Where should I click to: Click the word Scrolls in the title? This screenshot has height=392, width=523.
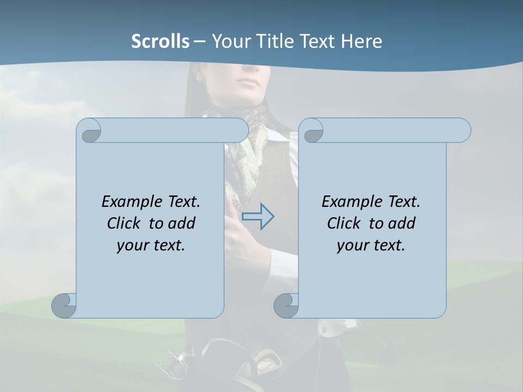click(x=161, y=41)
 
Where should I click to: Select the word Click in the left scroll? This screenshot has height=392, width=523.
click(x=125, y=223)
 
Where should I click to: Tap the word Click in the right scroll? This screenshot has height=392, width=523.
click(x=345, y=223)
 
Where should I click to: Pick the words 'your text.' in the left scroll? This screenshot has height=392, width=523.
click(x=151, y=245)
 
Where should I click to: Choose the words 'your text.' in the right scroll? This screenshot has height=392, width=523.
click(x=371, y=245)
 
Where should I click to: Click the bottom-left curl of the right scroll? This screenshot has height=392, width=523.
click(x=286, y=305)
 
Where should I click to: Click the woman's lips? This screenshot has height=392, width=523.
click(x=251, y=83)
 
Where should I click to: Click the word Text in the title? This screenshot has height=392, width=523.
click(x=317, y=41)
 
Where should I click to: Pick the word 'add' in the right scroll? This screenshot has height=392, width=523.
click(x=403, y=223)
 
